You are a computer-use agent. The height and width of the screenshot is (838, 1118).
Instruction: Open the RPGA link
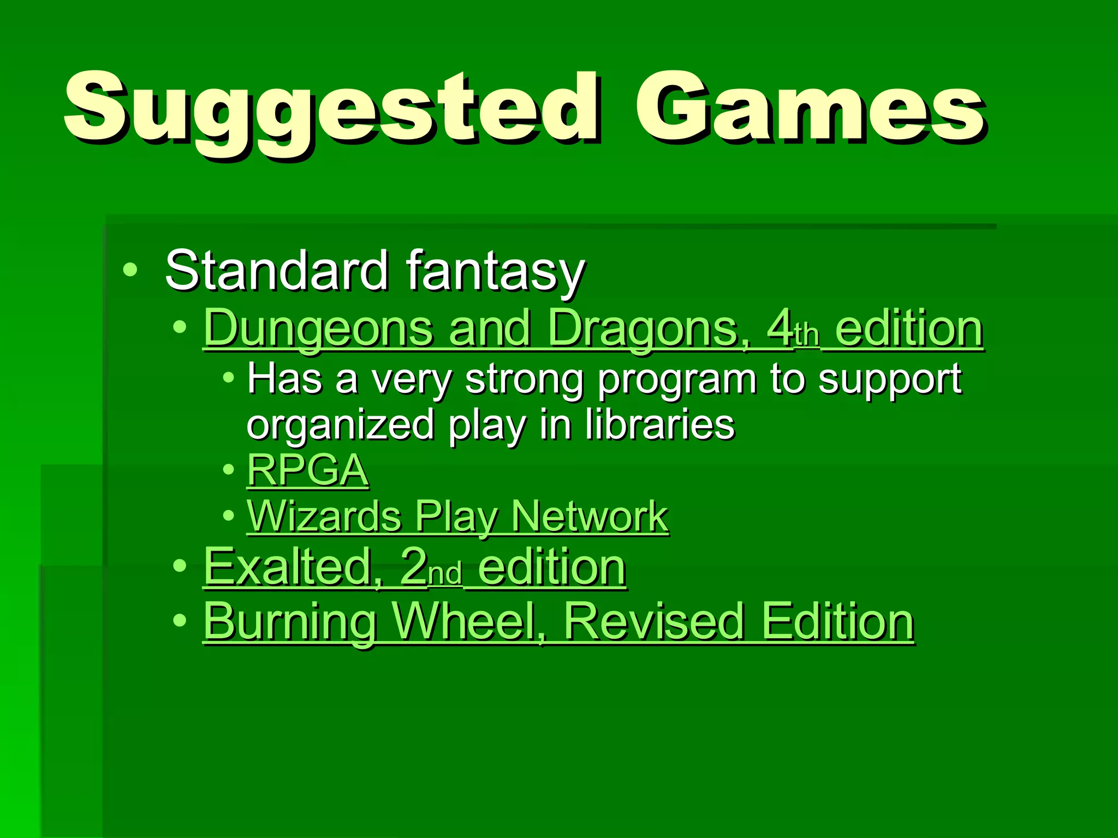coord(308,470)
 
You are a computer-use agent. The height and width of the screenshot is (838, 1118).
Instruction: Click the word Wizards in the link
coord(324,516)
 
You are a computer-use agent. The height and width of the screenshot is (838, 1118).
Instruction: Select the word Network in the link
coord(590,516)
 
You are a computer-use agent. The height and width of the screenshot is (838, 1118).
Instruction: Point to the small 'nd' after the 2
coord(445,574)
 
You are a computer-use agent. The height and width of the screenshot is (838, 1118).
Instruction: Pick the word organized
coord(340,426)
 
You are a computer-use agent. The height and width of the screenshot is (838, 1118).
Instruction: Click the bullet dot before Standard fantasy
coord(130,270)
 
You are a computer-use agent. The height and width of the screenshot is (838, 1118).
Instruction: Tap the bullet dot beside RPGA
coord(229,470)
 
